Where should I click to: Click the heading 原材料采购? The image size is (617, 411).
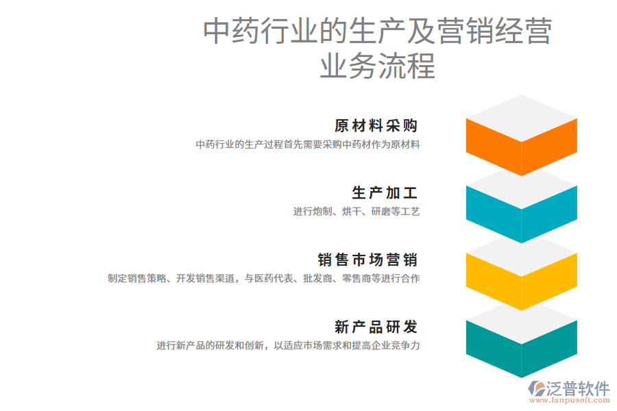376,126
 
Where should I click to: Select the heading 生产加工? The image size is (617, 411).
385,193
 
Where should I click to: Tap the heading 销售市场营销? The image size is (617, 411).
367,260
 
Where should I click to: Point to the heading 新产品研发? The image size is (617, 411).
376,327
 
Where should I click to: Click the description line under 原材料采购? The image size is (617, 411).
308,145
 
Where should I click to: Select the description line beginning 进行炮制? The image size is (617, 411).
356,212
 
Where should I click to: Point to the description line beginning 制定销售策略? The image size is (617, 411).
264,279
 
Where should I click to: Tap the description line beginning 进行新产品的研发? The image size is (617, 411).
288,346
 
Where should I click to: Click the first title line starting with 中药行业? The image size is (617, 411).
378,32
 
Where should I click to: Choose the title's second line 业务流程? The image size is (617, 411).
378,68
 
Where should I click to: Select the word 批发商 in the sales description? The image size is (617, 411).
317,279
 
